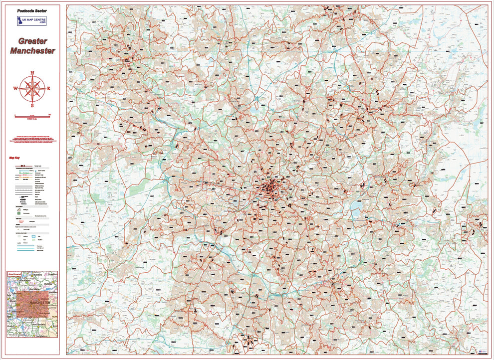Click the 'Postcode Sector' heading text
(32, 10)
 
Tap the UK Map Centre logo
(32, 21)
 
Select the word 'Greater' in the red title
(32, 41)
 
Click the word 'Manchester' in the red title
(32, 51)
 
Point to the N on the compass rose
(32, 73)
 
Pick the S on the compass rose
(32, 105)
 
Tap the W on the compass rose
(15, 89)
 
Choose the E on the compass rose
(49, 89)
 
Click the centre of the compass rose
(32, 89)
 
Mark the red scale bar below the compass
(32, 115)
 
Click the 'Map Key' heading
(14, 158)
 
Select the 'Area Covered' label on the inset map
(15, 274)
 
